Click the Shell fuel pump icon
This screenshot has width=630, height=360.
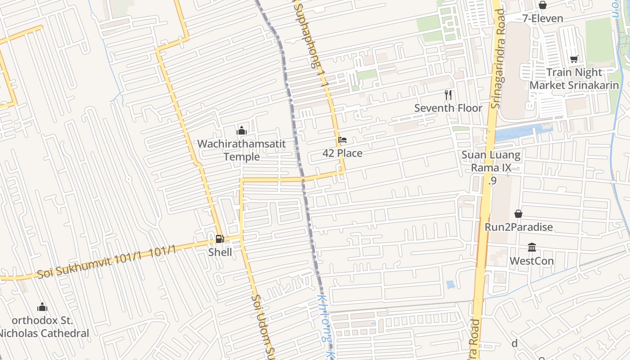click(x=220, y=239)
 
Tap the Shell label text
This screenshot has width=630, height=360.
click(x=220, y=252)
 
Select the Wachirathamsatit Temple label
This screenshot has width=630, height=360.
click(x=242, y=150)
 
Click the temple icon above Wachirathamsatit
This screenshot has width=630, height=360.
click(x=242, y=131)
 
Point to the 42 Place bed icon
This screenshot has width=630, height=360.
click(x=342, y=140)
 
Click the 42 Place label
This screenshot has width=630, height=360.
click(x=342, y=153)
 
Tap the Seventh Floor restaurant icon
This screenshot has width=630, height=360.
click(x=448, y=94)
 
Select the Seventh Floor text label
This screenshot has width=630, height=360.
click(x=448, y=108)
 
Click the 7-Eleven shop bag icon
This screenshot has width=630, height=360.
click(x=543, y=5)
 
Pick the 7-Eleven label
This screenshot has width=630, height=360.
click(x=543, y=18)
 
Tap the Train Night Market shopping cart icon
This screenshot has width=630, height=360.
click(x=574, y=59)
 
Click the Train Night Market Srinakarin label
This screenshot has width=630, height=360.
click(x=574, y=79)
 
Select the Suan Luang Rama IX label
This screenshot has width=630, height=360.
click(x=491, y=162)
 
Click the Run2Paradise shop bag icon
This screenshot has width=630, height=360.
click(x=518, y=214)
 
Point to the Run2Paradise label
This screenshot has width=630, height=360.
click(x=518, y=227)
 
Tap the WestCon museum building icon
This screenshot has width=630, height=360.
click(x=531, y=247)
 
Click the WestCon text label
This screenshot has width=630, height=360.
click(x=531, y=261)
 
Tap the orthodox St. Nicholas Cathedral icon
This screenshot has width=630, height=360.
click(x=42, y=307)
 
